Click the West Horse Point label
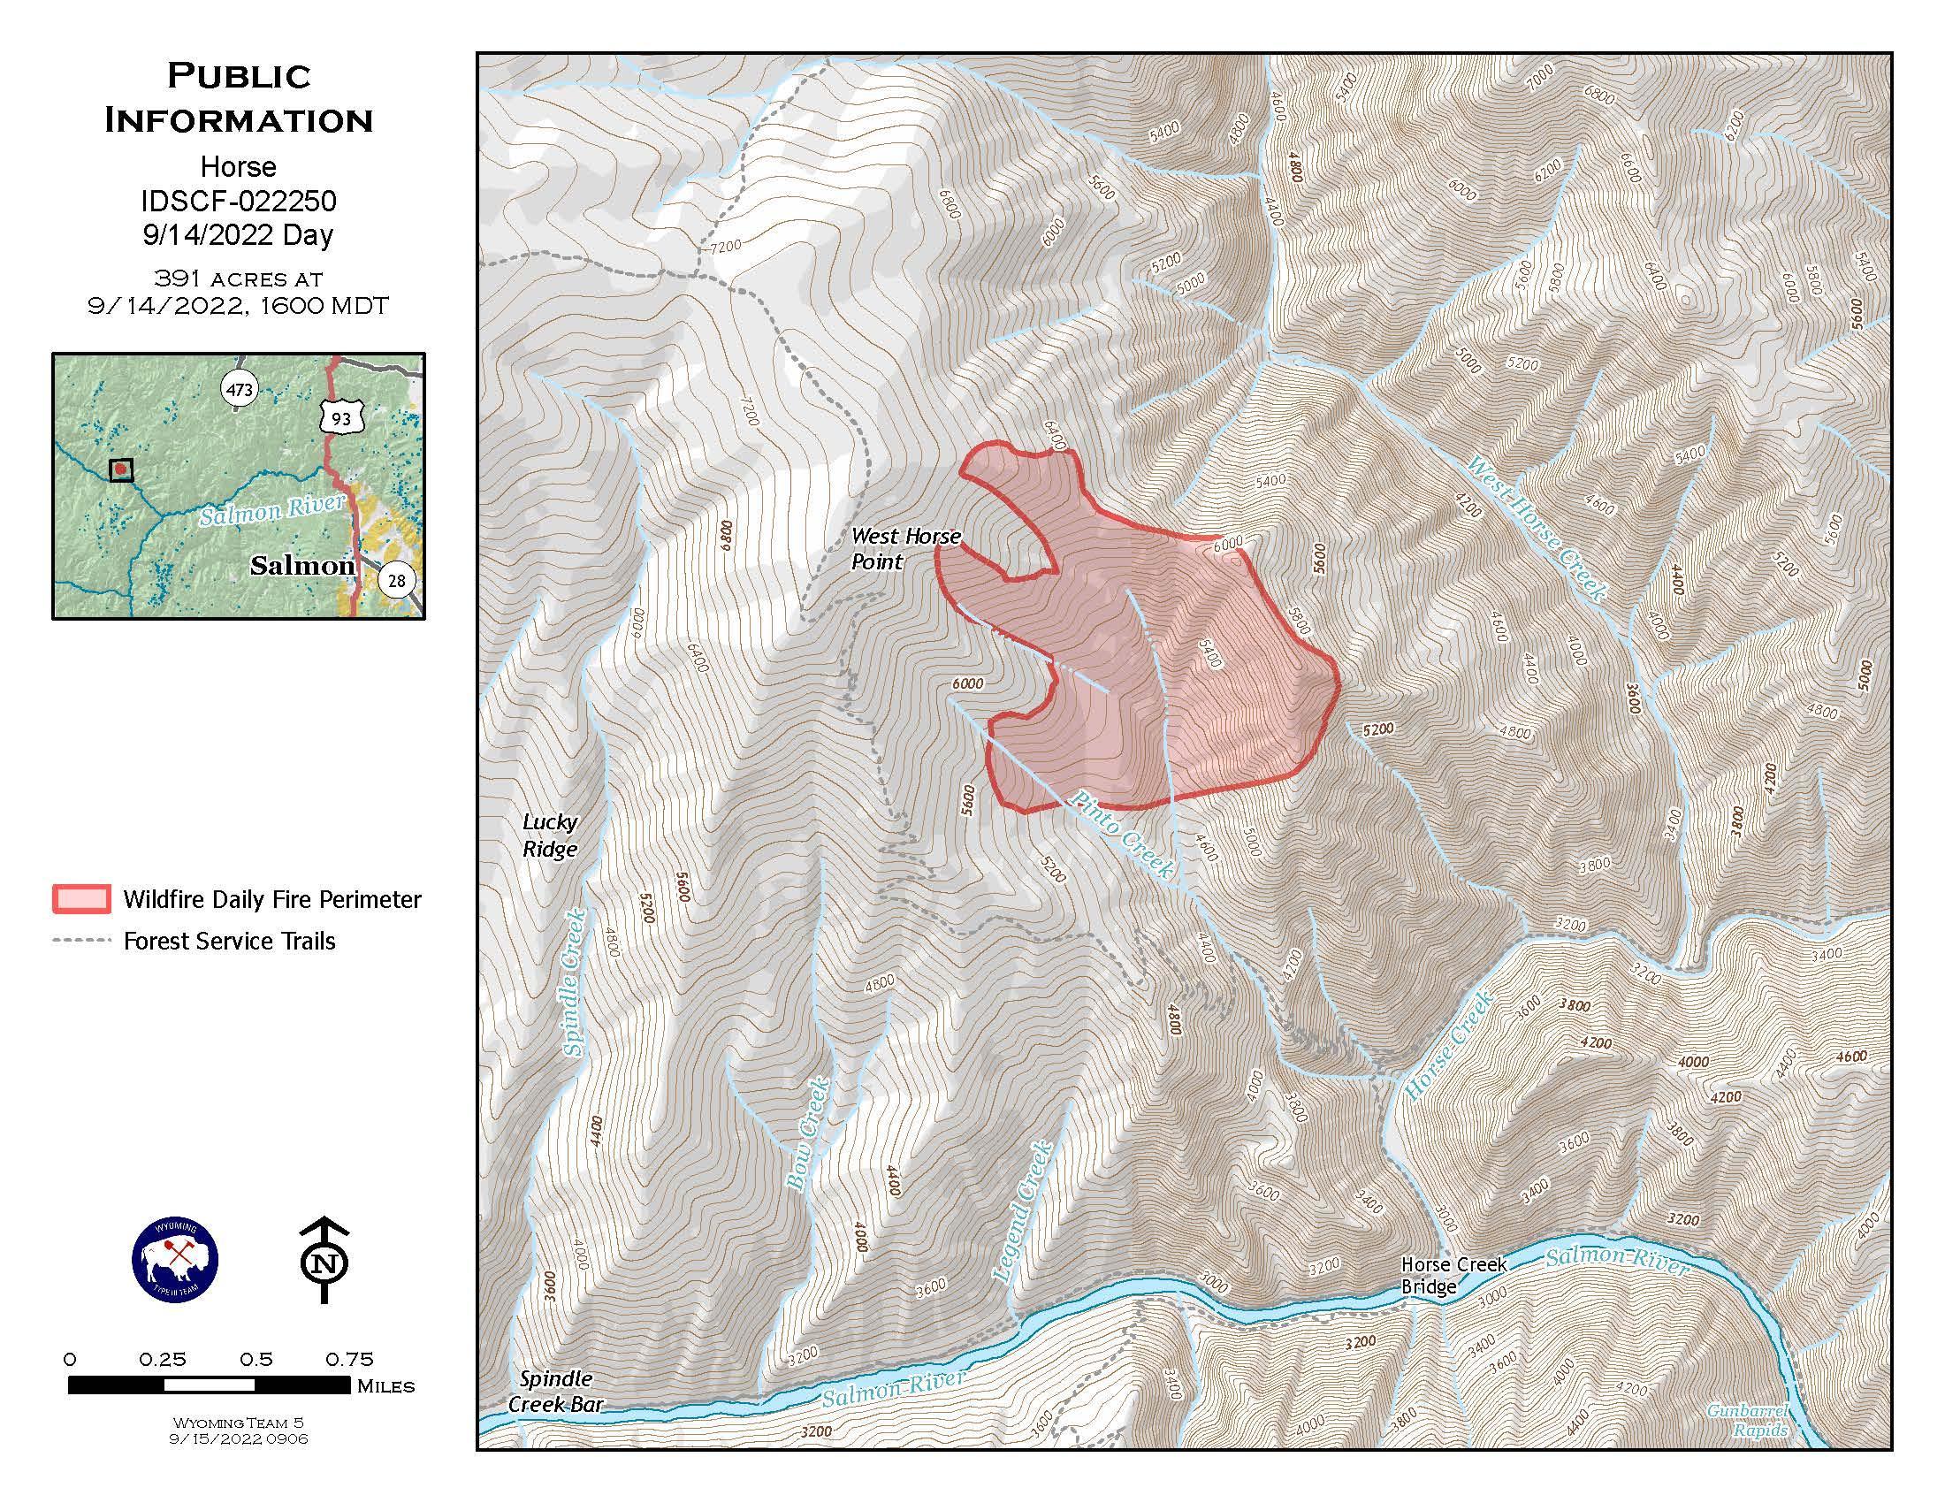904,548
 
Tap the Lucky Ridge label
550,835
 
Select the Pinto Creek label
1122,835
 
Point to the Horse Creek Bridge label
1453,1275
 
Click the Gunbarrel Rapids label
1759,1421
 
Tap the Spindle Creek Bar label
555,1391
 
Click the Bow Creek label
808,1133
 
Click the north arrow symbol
324,1261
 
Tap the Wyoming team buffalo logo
174,1261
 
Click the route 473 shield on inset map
240,389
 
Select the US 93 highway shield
341,416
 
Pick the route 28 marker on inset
396,581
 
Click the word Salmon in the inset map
301,565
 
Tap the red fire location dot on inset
120,469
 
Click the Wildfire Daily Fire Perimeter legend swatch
81,899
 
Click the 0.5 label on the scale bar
256,1359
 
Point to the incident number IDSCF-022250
239,202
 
